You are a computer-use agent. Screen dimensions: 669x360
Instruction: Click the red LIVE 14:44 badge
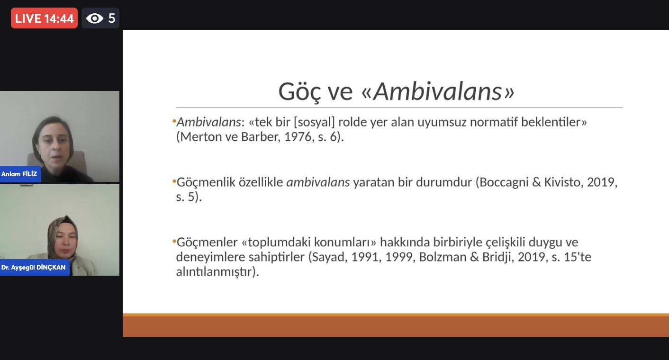(44, 18)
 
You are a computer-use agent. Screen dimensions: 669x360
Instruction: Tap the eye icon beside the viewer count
(95, 18)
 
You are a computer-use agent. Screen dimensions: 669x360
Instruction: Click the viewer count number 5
(112, 18)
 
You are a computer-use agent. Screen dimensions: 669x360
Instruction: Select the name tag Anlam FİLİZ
(20, 174)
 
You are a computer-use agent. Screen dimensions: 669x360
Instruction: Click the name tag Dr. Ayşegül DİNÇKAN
(34, 267)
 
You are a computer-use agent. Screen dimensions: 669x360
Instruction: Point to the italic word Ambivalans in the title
(437, 91)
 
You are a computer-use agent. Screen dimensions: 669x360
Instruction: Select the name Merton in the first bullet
(201, 137)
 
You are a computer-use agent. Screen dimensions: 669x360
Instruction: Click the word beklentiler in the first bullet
(551, 122)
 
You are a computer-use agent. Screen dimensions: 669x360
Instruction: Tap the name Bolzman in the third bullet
(443, 257)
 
